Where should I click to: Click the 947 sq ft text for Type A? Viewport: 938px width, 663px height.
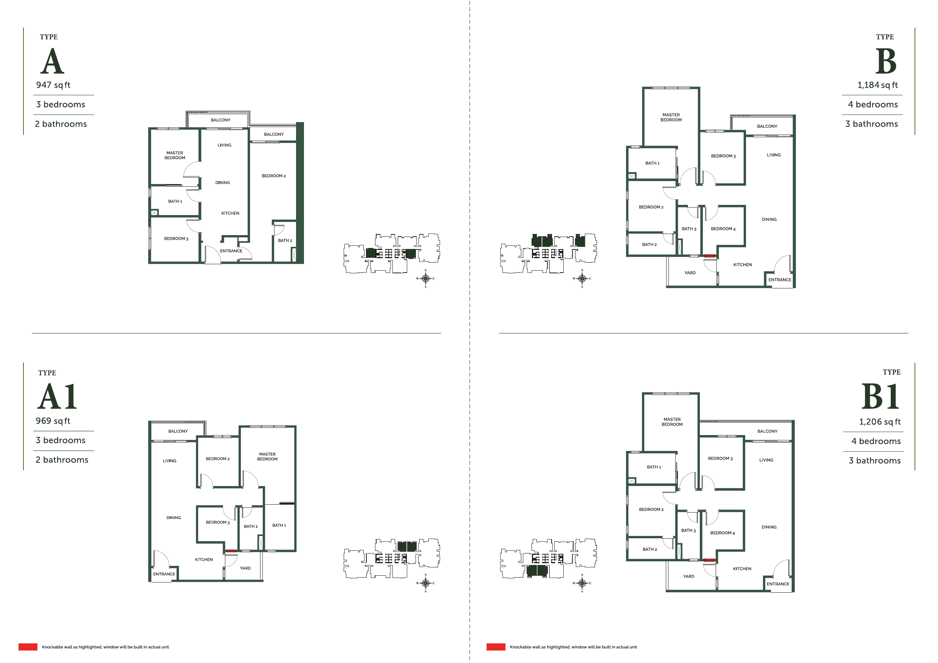(x=53, y=85)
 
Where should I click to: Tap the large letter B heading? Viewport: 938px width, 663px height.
(x=886, y=62)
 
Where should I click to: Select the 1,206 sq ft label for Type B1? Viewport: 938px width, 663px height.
(x=879, y=421)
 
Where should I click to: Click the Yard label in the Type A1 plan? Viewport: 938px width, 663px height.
(x=245, y=568)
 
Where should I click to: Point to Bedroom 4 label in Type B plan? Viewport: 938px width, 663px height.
(x=723, y=229)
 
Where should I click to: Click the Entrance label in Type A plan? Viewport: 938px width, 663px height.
(x=231, y=251)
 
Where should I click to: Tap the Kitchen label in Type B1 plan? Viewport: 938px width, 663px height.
(x=742, y=569)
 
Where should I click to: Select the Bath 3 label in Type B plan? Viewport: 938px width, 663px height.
(x=689, y=229)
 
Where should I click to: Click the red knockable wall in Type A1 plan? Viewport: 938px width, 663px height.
(x=231, y=551)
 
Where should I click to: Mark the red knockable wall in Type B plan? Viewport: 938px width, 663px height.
(x=710, y=256)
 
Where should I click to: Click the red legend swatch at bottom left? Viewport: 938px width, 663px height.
(x=28, y=647)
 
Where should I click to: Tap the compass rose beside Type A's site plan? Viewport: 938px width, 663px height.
(x=425, y=279)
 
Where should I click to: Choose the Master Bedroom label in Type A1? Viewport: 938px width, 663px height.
(x=267, y=457)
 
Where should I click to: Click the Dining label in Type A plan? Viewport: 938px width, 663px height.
(x=222, y=183)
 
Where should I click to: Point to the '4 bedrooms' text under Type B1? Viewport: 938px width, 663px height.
(x=876, y=441)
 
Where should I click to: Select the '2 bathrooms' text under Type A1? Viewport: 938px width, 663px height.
(x=62, y=460)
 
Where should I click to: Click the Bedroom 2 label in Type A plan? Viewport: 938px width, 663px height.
(x=274, y=176)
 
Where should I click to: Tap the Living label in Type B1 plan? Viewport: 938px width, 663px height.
(x=766, y=460)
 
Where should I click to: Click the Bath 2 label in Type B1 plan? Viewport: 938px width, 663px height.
(x=650, y=550)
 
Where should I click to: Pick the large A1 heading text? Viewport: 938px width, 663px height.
(x=57, y=397)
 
